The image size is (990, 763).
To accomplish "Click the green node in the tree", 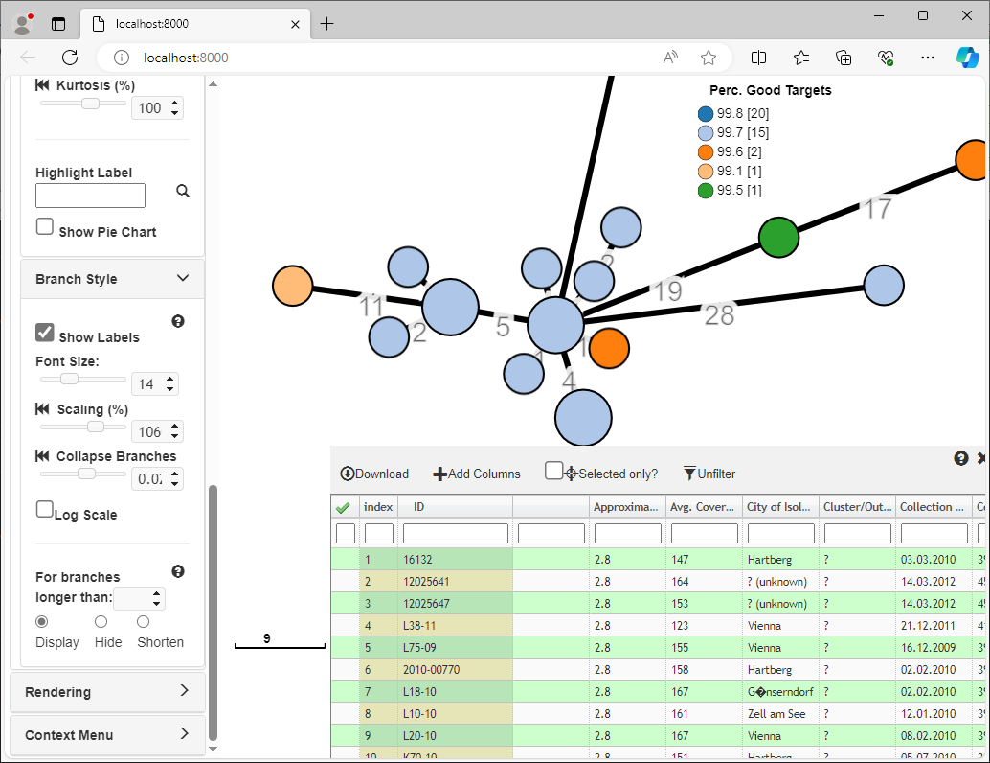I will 778,236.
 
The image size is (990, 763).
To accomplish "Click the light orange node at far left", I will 293,286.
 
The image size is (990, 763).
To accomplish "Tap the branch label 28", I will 719,313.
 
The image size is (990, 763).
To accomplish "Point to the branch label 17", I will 877,208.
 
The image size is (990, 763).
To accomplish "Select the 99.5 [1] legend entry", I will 733,191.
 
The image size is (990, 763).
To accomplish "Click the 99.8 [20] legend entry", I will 733,114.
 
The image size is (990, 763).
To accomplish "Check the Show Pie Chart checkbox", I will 45,227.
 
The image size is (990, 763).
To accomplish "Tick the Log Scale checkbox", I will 45,510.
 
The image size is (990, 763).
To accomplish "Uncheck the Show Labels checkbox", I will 45,333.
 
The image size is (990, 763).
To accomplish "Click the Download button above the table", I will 374,474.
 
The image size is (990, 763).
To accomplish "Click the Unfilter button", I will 709,474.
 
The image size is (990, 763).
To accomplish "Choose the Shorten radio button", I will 143,622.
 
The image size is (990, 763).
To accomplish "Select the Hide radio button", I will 101,622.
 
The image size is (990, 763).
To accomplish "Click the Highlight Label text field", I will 90,197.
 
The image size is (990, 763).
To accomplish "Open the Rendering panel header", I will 107,692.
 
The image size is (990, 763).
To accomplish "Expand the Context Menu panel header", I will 107,735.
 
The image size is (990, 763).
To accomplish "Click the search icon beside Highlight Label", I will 183,192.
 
